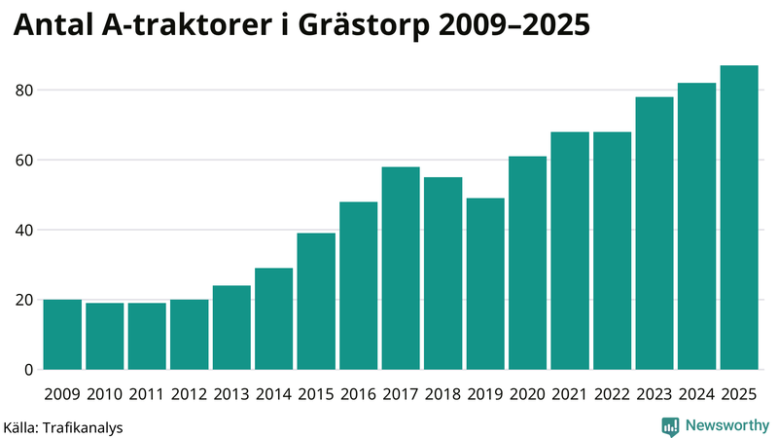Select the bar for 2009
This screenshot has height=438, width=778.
click(63, 335)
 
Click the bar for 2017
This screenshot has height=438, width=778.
click(401, 269)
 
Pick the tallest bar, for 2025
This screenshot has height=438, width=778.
click(739, 218)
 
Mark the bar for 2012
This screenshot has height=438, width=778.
click(190, 335)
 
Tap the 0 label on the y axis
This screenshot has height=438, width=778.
click(29, 370)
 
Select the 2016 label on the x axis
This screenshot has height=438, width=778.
click(359, 394)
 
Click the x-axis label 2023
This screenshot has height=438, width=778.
click(654, 394)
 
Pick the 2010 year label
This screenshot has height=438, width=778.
click(105, 394)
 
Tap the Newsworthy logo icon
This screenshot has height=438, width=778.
click(670, 425)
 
